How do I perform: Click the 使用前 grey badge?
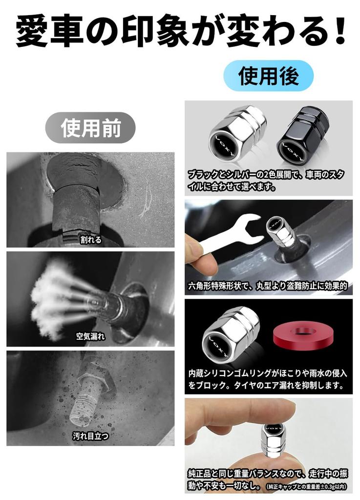point(90,128)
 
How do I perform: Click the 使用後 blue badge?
point(268,76)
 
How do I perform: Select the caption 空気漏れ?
point(90,336)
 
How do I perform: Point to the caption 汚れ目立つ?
point(90,436)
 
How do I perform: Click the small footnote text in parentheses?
point(307,487)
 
